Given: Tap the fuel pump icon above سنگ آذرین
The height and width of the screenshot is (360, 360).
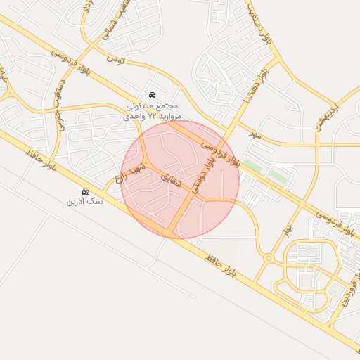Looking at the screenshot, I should pos(85,191).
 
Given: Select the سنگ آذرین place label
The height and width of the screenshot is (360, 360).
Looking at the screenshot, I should pos(85,201).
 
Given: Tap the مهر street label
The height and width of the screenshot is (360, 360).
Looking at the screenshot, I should pos(255,134).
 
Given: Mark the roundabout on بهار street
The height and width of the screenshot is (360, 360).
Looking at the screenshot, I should pos(268,259).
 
